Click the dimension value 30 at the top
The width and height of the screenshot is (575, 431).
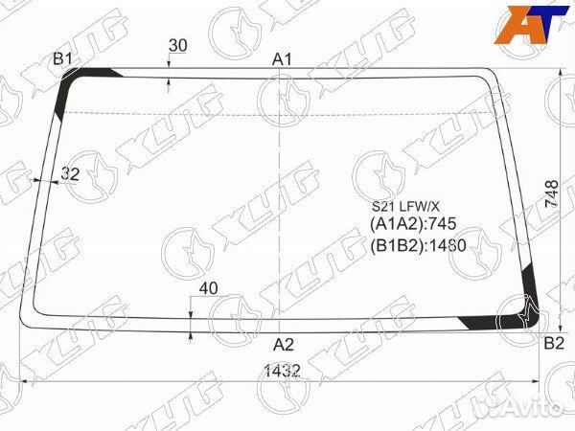[178, 45]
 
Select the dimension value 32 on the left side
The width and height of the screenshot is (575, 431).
[70, 173]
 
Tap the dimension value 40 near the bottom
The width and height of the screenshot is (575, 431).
[208, 288]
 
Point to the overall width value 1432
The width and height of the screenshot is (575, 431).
[283, 371]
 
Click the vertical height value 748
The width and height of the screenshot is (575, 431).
[552, 193]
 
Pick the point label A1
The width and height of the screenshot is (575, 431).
[282, 59]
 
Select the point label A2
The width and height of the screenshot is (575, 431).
[284, 345]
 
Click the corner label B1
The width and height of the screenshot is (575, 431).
[62, 58]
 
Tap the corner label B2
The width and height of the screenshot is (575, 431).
[554, 344]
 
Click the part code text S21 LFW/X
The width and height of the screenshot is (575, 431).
[405, 207]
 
